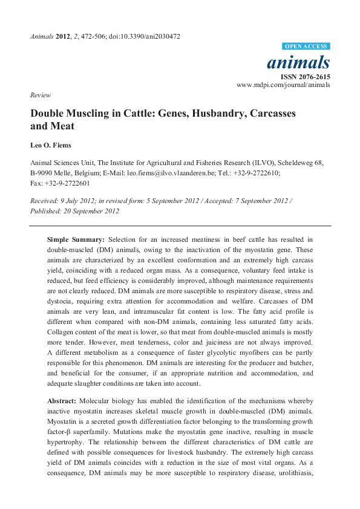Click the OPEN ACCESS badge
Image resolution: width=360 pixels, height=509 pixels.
307,47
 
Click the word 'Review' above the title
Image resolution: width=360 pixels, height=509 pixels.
39,95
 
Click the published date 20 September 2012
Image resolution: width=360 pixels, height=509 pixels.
90,211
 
